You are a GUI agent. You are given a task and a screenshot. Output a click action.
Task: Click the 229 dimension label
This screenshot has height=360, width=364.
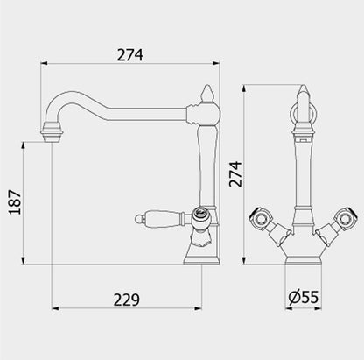tap(127, 299)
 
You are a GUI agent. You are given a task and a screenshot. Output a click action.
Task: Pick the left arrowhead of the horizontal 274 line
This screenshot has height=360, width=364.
tap(45, 65)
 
